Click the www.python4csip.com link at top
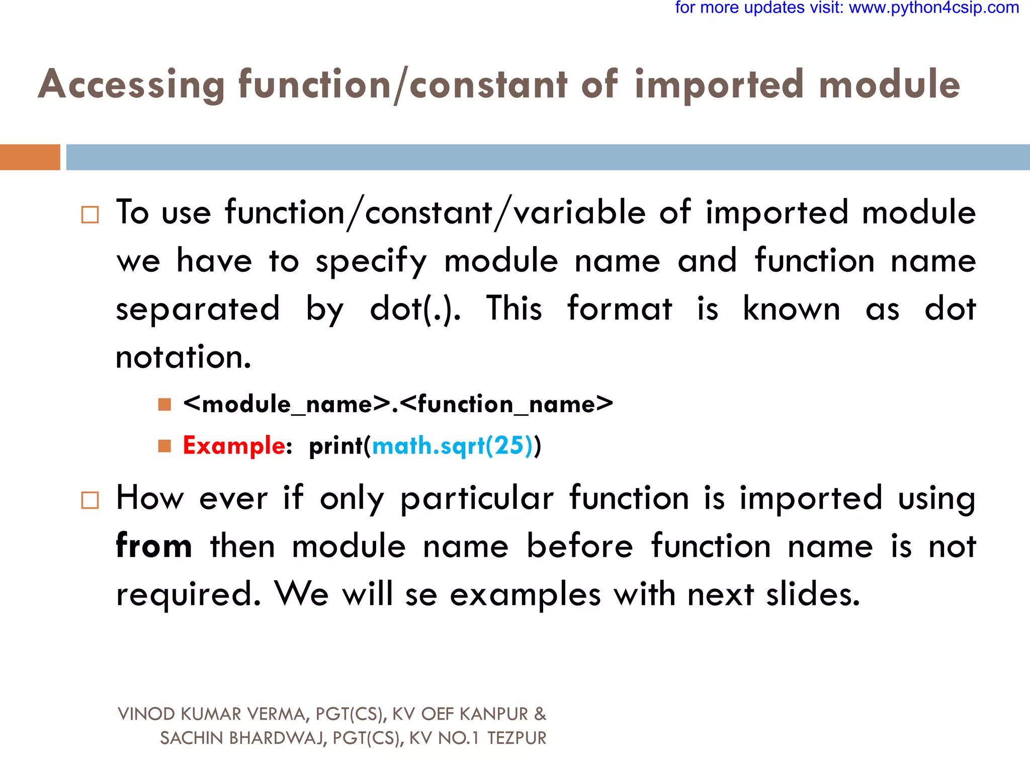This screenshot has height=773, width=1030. (x=934, y=8)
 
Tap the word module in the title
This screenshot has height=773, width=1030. (x=889, y=85)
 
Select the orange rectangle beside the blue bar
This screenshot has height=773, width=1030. (x=30, y=157)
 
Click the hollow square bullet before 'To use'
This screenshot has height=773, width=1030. (x=90, y=215)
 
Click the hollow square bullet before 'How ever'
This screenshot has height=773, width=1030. (x=90, y=500)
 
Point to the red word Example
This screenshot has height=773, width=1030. (x=234, y=446)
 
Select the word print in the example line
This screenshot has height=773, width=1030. (x=336, y=446)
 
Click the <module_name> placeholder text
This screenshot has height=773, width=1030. (x=287, y=404)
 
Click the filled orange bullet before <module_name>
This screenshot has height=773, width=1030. (x=164, y=405)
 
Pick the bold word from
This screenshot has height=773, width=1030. (x=154, y=547)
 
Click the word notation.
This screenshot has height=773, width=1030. (x=183, y=357)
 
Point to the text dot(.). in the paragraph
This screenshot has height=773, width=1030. (x=415, y=309)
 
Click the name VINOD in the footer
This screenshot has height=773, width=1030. (x=146, y=714)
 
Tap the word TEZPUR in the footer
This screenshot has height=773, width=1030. (x=517, y=738)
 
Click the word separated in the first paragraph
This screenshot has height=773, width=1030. (x=198, y=309)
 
